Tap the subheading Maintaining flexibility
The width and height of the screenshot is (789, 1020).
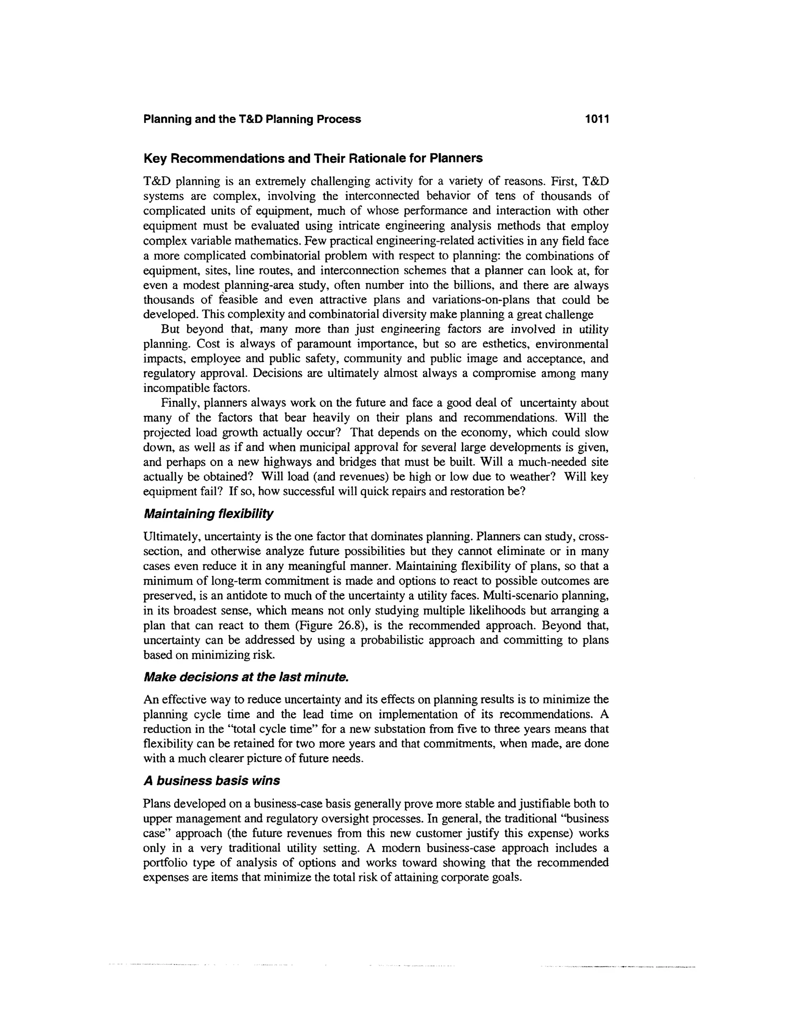click(208, 514)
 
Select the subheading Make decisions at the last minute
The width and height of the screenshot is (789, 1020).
click(246, 677)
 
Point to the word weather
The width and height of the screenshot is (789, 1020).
click(530, 477)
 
